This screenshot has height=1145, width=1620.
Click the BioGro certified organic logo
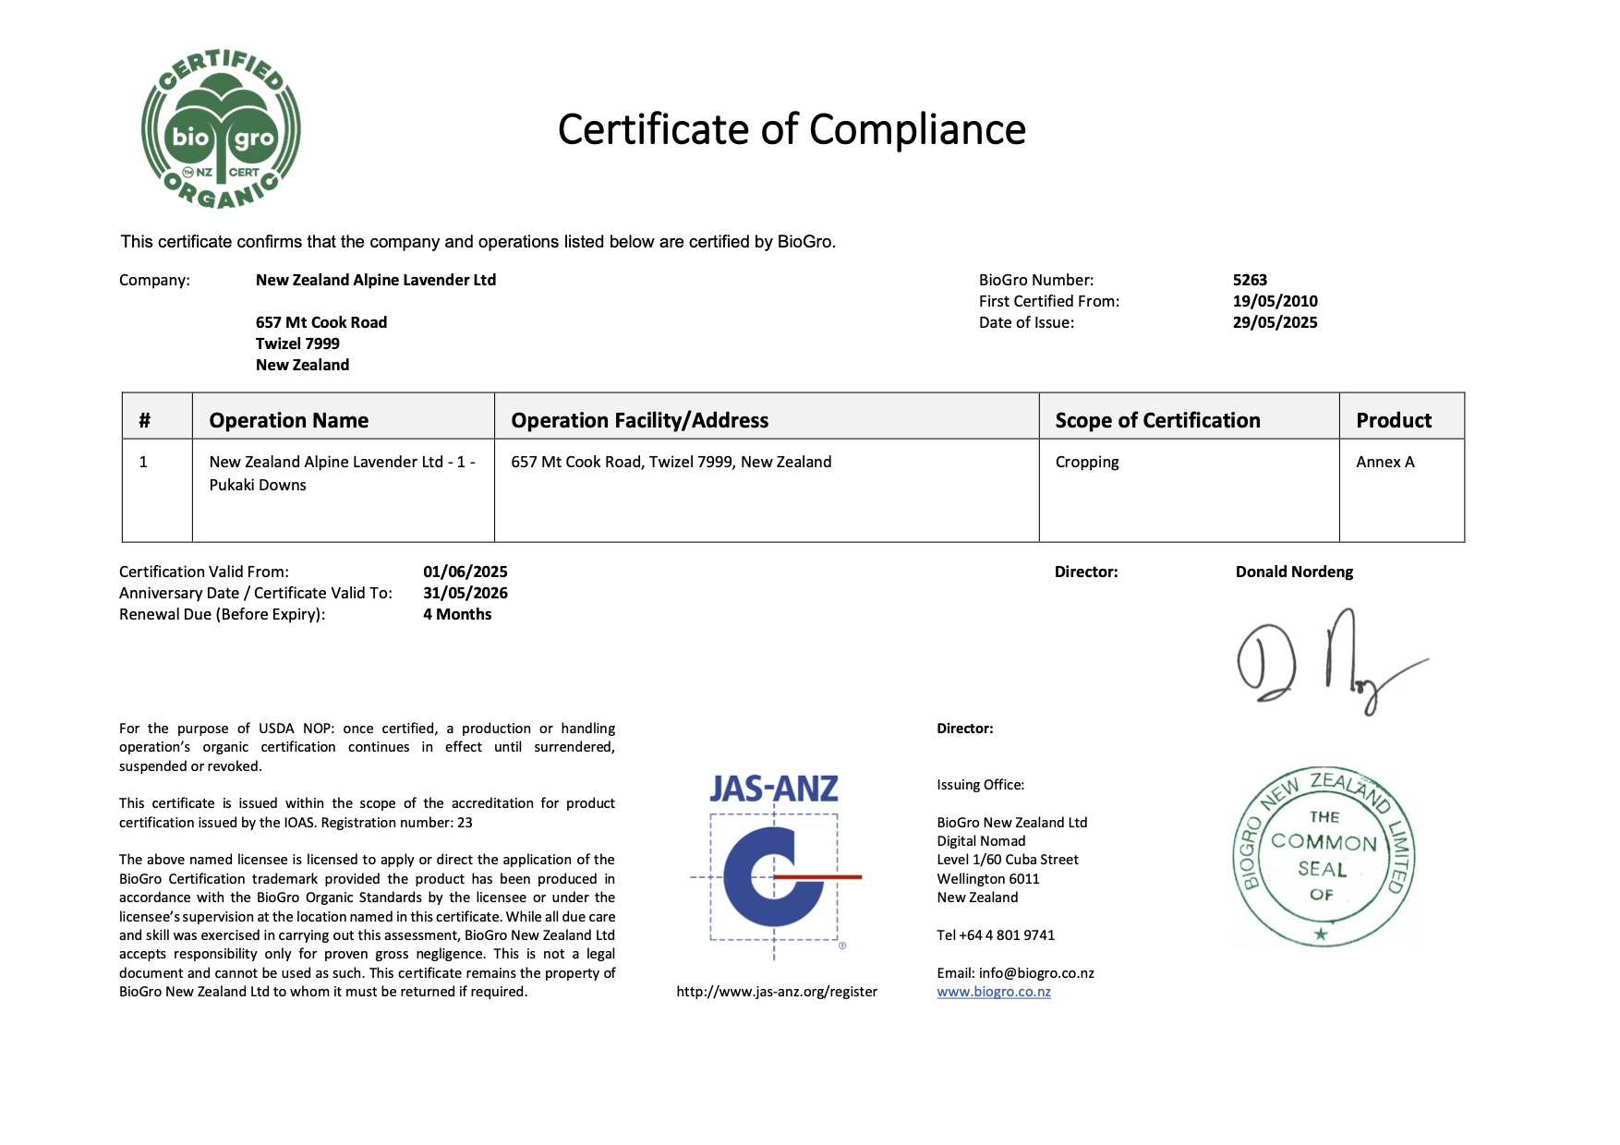(221, 129)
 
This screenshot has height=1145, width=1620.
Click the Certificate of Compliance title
(792, 129)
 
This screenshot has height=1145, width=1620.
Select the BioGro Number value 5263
(1250, 280)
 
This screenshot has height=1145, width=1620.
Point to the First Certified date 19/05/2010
(1275, 301)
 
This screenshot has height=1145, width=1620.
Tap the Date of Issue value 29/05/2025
(1275, 322)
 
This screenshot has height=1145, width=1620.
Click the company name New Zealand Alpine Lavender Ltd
(375, 280)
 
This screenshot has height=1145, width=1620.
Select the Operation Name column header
(288, 420)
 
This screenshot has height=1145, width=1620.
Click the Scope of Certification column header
(1157, 420)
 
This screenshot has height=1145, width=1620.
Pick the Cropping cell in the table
(1087, 462)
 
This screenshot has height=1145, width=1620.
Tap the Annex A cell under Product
(1384, 462)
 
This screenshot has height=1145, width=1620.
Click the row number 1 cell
(143, 462)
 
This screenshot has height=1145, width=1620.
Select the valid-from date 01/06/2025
(465, 572)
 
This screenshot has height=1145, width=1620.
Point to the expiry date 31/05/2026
(465, 593)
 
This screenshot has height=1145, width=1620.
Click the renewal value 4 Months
(457, 614)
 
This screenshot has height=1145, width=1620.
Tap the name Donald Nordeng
(1294, 572)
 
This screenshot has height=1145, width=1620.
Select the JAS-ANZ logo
(775, 863)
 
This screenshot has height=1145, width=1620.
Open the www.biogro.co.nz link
(994, 992)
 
